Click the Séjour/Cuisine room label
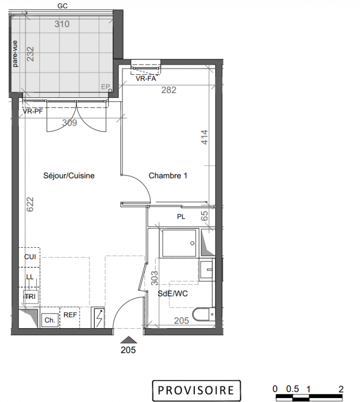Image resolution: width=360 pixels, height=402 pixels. pyautogui.click(x=69, y=176)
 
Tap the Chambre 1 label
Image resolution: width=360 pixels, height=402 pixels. pyautogui.click(x=168, y=175)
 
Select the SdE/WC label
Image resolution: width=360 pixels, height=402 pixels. pyautogui.click(x=173, y=293)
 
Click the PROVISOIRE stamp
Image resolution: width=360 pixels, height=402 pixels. pyautogui.click(x=196, y=390)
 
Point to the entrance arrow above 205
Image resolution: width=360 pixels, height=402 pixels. pyautogui.click(x=129, y=340)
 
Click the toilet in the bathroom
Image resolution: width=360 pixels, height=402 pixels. pyautogui.click(x=204, y=315)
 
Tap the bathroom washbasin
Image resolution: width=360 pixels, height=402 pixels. pyautogui.click(x=207, y=270)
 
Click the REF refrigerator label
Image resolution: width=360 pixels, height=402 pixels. pyautogui.click(x=70, y=315)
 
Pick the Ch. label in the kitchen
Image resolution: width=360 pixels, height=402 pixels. pyautogui.click(x=50, y=320)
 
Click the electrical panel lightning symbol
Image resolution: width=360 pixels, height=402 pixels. pyautogui.click(x=99, y=318)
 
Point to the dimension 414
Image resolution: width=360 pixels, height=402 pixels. pyautogui.click(x=204, y=137)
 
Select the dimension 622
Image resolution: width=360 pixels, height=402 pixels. pyautogui.click(x=30, y=204)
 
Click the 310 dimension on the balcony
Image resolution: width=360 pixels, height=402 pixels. pyautogui.click(x=62, y=24)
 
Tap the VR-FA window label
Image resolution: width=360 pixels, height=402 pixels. pyautogui.click(x=146, y=78)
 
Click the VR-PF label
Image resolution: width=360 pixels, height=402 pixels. pyautogui.click(x=33, y=111)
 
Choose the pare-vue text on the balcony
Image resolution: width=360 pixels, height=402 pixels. pyautogui.click(x=15, y=54)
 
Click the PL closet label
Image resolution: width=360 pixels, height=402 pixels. pyautogui.click(x=181, y=217)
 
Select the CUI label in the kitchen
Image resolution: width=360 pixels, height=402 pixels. pyautogui.click(x=30, y=257)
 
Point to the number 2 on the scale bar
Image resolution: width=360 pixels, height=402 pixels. pyautogui.click(x=341, y=389)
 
